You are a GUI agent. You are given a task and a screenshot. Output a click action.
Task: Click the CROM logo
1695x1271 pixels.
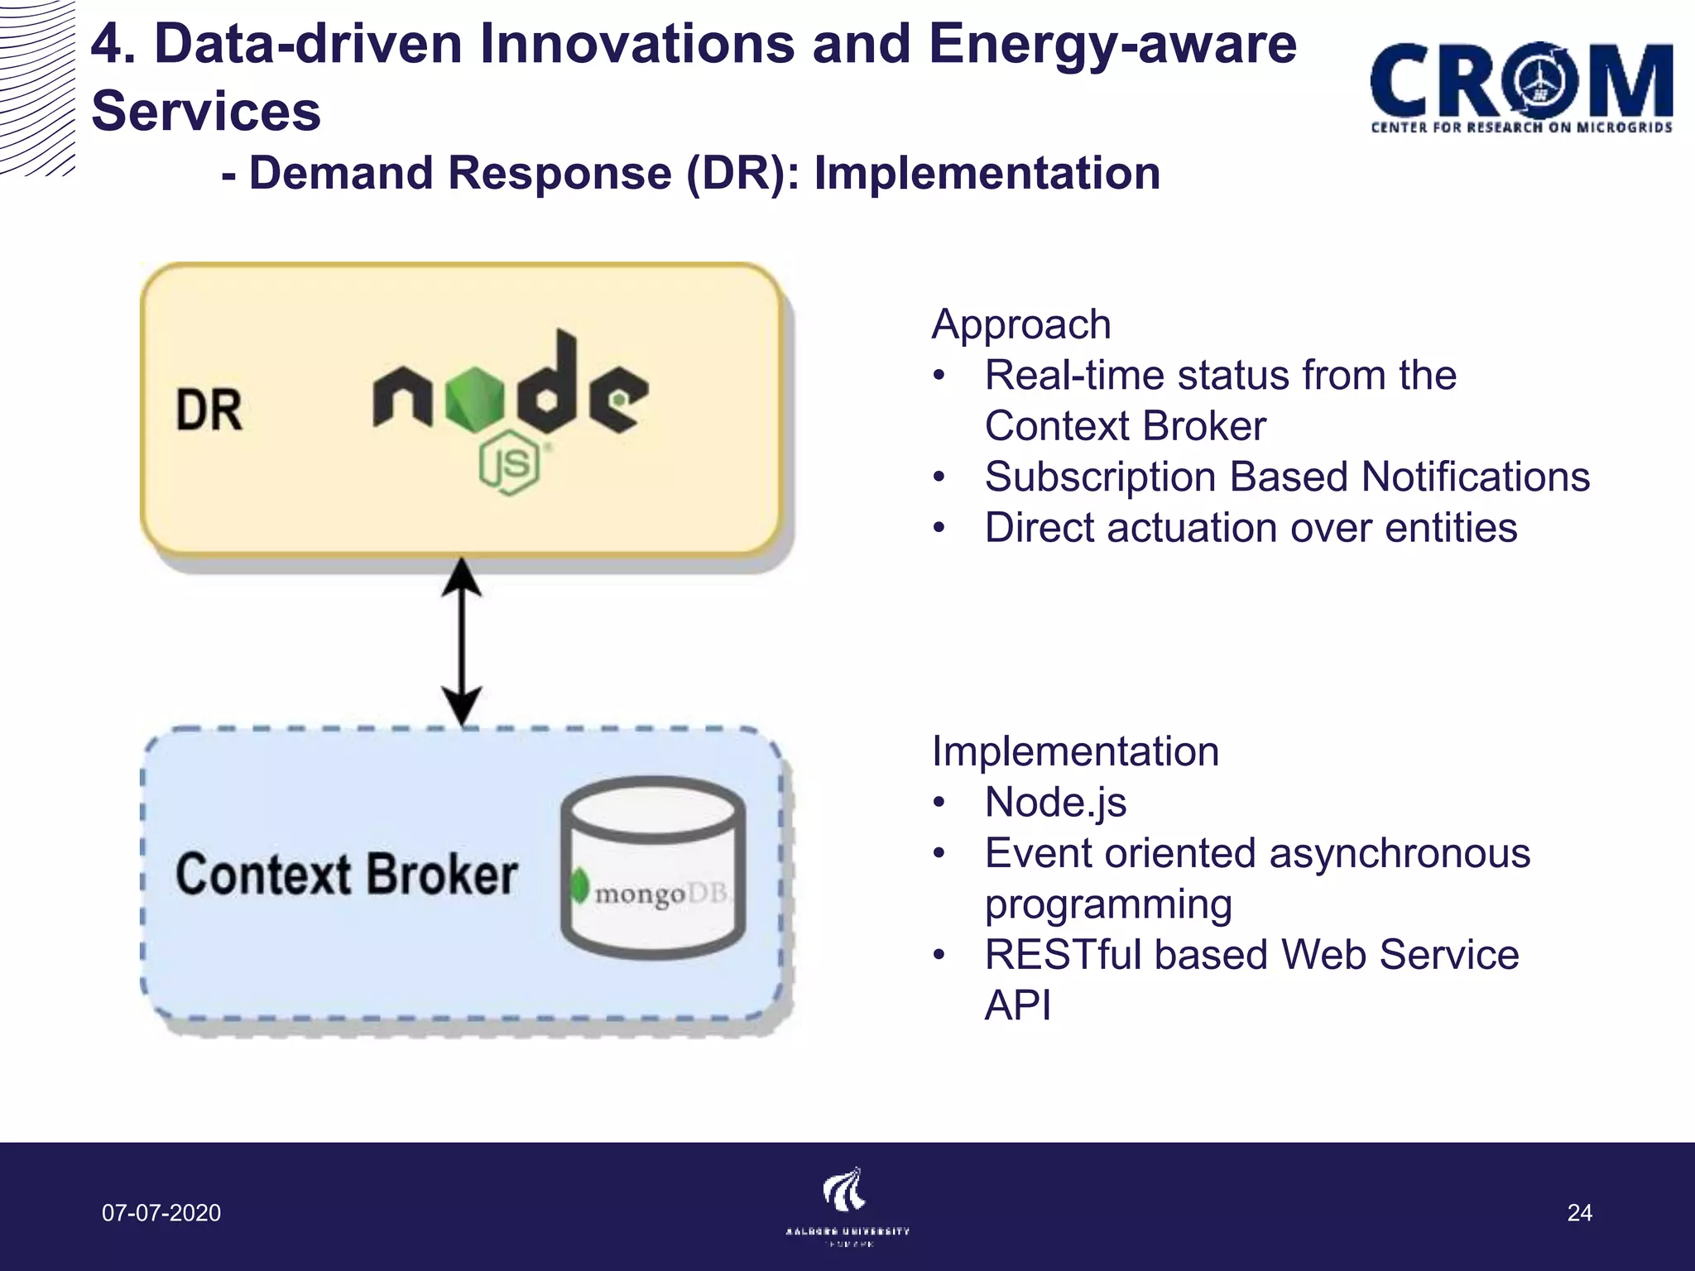pyautogui.click(x=1521, y=87)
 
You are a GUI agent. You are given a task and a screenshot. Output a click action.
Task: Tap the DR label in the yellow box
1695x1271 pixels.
pyautogui.click(x=209, y=410)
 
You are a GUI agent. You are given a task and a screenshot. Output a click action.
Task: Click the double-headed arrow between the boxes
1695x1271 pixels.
pyautogui.click(x=461, y=641)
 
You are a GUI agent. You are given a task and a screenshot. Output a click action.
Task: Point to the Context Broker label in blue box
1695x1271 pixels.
pyautogui.click(x=346, y=875)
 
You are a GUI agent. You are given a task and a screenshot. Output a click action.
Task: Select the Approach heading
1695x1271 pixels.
pyautogui.click(x=1020, y=324)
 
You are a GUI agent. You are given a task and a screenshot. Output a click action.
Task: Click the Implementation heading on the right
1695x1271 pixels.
pyautogui.click(x=1075, y=751)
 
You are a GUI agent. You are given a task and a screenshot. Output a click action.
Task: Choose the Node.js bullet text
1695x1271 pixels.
pyautogui.click(x=1055, y=803)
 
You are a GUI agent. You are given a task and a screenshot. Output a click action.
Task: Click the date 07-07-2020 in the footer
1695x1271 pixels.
pyautogui.click(x=161, y=1213)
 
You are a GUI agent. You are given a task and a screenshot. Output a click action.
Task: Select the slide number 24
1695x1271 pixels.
pyautogui.click(x=1579, y=1213)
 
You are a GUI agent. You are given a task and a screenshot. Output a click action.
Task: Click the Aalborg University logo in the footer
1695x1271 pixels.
pyautogui.click(x=846, y=1204)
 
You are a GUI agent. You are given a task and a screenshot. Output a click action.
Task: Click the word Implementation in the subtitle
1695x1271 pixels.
pyautogui.click(x=987, y=174)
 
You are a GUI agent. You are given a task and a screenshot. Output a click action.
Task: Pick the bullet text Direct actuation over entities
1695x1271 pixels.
pyautogui.click(x=1251, y=528)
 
